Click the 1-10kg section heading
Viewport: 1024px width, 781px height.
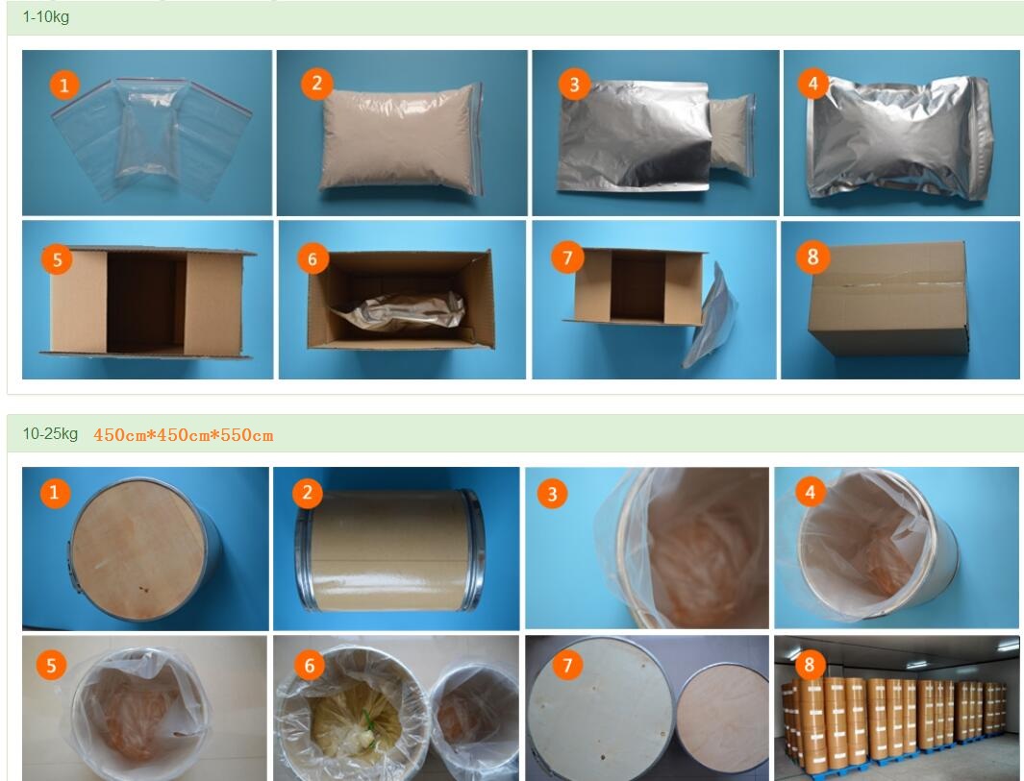(46, 17)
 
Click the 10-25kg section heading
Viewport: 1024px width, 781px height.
(50, 434)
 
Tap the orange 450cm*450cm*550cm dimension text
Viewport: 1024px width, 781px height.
(184, 435)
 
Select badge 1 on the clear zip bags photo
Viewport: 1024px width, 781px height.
(64, 85)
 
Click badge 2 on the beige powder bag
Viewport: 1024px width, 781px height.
(316, 84)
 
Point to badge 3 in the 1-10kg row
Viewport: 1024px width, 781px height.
(574, 85)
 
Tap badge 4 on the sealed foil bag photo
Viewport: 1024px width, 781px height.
(813, 84)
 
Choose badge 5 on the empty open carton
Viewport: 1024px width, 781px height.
(58, 259)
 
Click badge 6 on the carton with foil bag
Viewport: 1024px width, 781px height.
(312, 259)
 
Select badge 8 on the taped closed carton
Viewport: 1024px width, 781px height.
(812, 256)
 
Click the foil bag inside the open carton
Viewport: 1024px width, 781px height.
(398, 311)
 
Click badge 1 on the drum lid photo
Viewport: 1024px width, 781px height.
(55, 492)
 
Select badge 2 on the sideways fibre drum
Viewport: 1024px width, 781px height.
(307, 493)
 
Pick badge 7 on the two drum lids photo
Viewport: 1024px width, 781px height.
(567, 665)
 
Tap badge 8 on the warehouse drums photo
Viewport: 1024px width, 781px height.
(810, 664)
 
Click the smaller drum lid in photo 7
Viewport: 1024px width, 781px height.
(723, 722)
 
